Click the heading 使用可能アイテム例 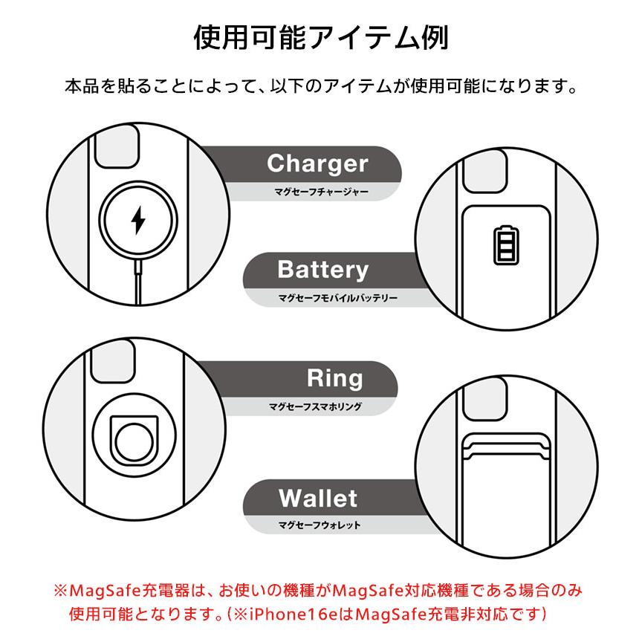pos(320,37)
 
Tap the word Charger pos(317,163)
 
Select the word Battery pos(322,270)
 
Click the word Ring pos(335,378)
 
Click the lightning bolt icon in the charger pos(137,220)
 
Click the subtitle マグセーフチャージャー pos(320,192)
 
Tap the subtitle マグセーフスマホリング pos(316,407)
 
